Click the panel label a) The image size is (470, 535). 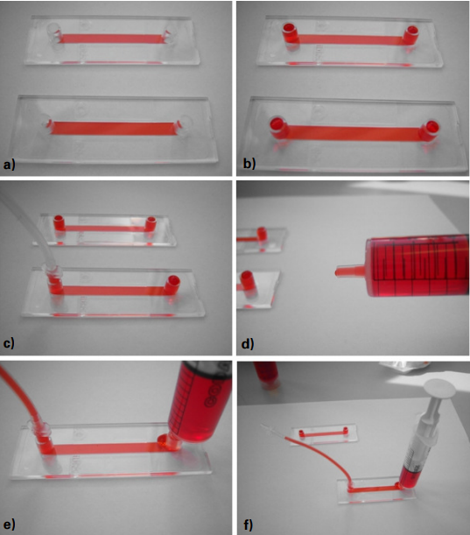[10, 165]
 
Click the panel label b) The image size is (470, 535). [249, 164]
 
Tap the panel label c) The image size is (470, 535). [9, 343]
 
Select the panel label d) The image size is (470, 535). [248, 344]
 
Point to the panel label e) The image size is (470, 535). [10, 524]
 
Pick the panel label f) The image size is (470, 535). [249, 524]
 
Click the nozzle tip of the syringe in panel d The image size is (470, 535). [337, 272]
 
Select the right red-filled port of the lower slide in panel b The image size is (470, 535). [430, 130]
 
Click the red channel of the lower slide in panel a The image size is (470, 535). [113, 128]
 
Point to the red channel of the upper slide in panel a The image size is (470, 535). [113, 38]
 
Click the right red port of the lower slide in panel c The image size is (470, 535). [172, 285]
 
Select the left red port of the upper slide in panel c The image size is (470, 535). [59, 222]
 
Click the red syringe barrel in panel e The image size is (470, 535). [201, 403]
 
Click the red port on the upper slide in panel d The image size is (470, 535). [262, 234]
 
